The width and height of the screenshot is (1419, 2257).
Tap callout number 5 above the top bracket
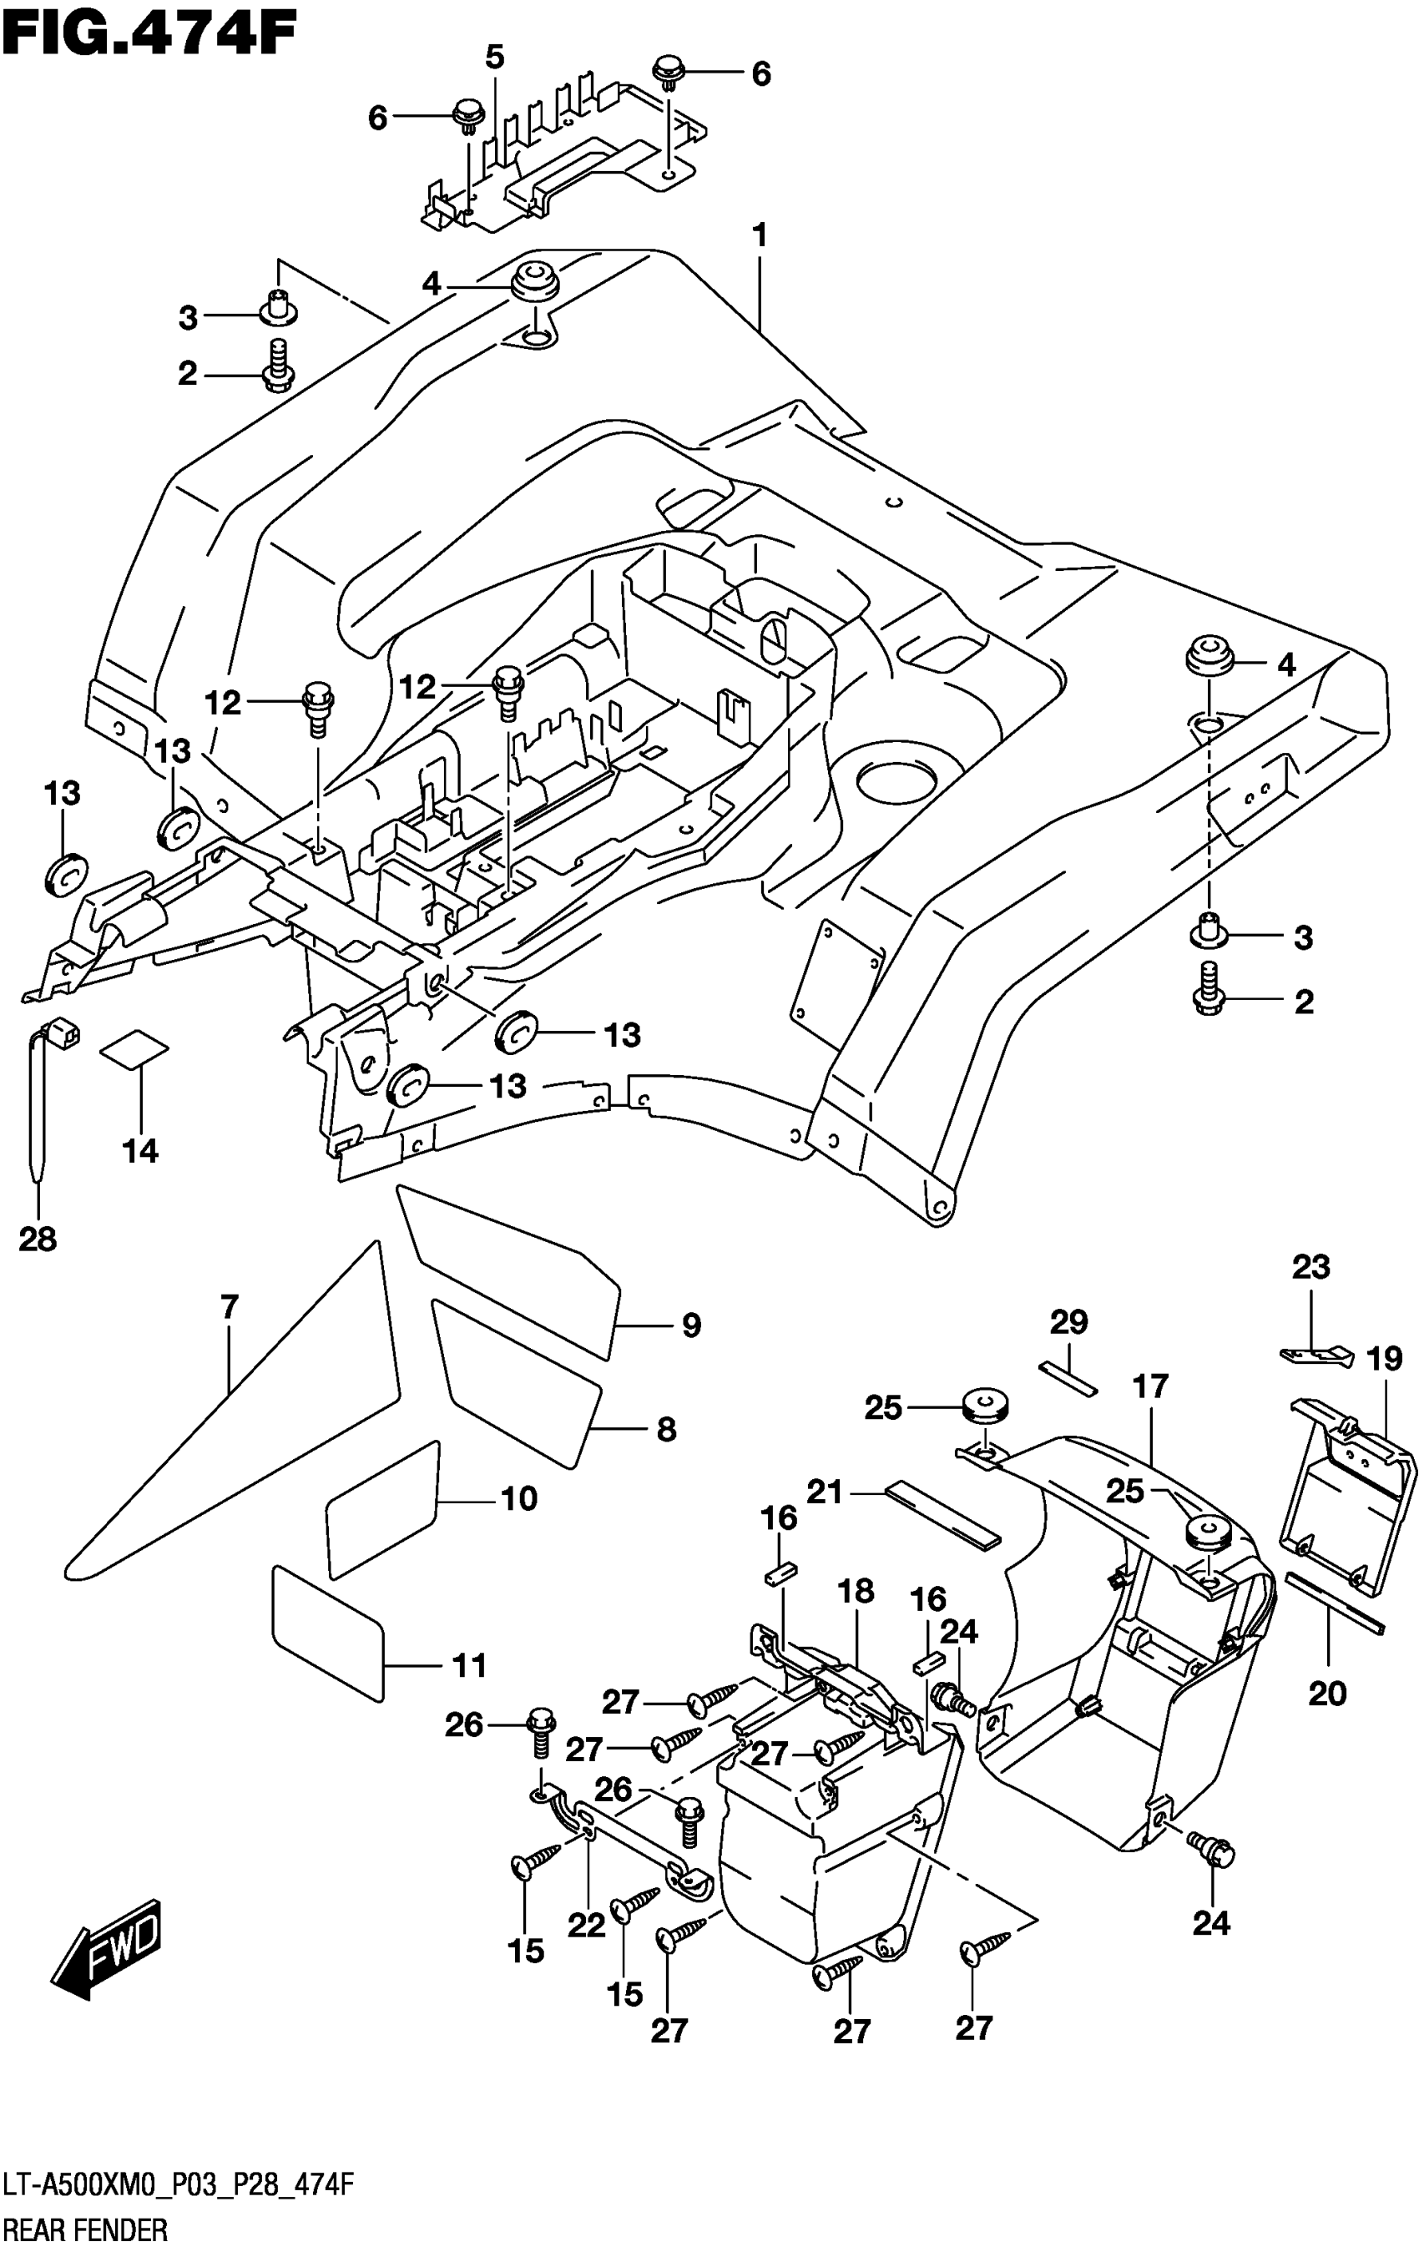(x=494, y=58)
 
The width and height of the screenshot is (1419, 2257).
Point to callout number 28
(x=38, y=1240)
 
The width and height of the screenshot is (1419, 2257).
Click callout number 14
(x=139, y=1150)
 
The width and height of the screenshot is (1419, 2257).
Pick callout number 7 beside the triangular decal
(x=230, y=1305)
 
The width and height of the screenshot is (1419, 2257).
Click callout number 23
(x=1310, y=1267)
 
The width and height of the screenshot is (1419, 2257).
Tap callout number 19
(x=1384, y=1358)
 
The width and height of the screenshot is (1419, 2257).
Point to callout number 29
(x=1068, y=1321)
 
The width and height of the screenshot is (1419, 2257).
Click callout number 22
(x=588, y=1925)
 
